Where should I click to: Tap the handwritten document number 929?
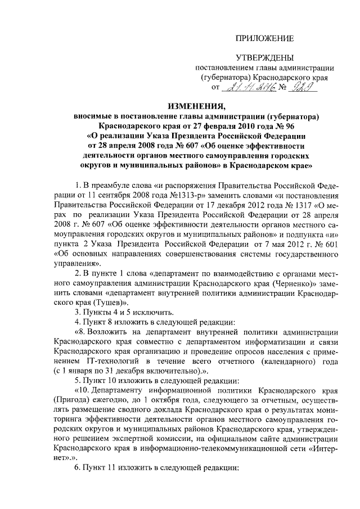301,88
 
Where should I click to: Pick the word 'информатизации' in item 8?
264,341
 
